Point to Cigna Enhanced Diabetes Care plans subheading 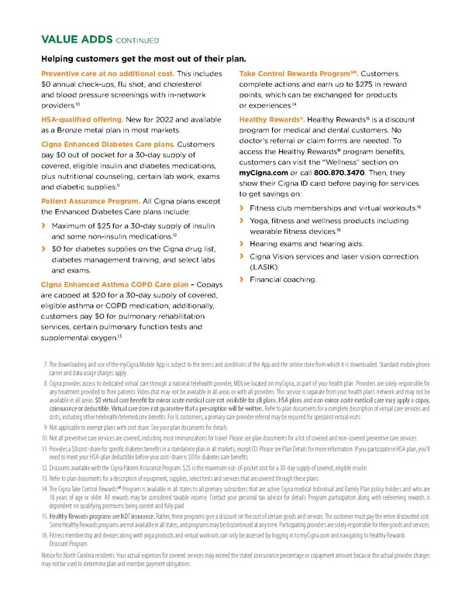coord(107,144)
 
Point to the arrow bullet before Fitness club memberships coord(243,208)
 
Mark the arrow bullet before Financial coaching coord(243,278)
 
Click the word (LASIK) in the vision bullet coord(264,266)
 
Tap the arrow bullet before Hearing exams coord(243,243)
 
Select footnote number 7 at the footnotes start coord(46,362)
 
